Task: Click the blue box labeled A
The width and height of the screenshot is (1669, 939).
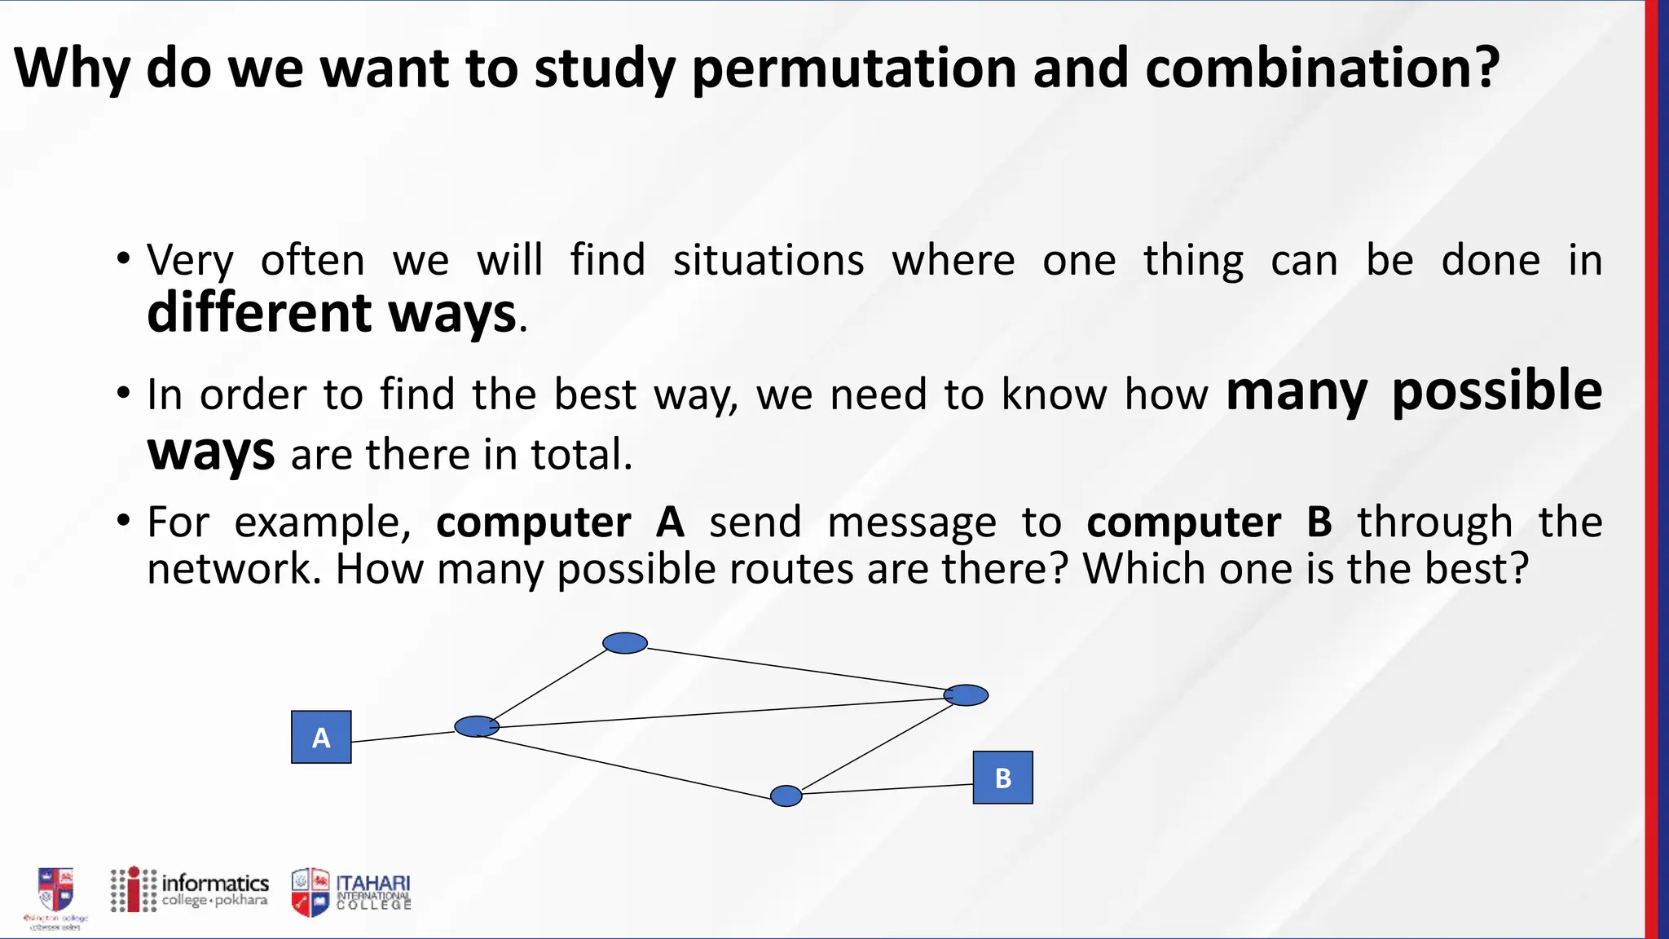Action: click(x=321, y=737)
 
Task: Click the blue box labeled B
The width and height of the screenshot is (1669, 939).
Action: click(x=1002, y=778)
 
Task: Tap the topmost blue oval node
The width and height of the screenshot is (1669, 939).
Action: click(x=625, y=643)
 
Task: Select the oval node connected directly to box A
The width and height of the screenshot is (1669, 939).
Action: click(x=477, y=726)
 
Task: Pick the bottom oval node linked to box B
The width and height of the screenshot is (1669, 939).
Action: click(x=786, y=796)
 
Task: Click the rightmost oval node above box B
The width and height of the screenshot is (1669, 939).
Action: click(x=967, y=695)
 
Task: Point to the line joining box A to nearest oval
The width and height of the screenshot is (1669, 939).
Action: click(x=403, y=737)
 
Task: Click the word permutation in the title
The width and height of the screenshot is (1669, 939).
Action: click(x=853, y=68)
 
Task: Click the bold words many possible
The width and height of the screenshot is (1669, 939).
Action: click(x=1414, y=391)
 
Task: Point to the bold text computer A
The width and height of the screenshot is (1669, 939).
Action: click(x=561, y=522)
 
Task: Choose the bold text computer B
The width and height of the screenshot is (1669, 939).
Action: click(x=1209, y=522)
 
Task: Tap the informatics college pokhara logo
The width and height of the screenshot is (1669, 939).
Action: click(x=190, y=890)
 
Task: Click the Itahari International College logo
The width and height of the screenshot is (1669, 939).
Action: click(x=352, y=893)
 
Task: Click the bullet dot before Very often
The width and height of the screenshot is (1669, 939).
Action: click(x=123, y=260)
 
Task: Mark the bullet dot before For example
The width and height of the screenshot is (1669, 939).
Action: click(x=123, y=521)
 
